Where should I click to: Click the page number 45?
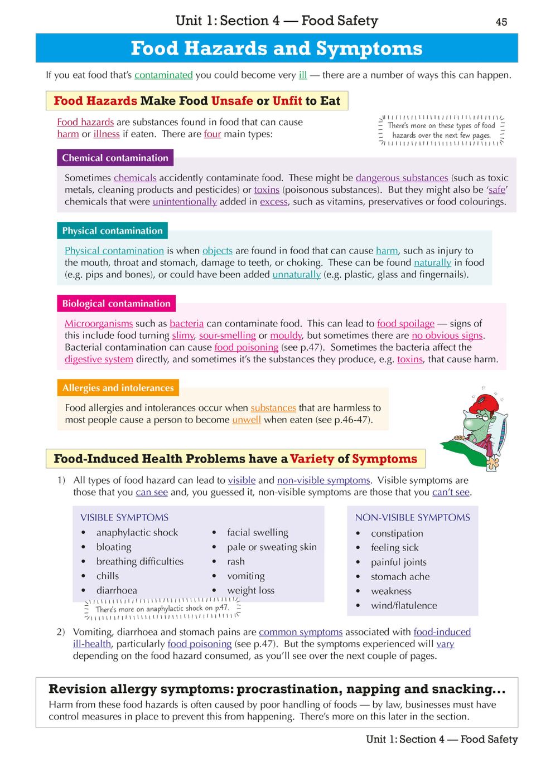pyautogui.click(x=501, y=22)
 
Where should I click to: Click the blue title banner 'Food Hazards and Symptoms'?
pyautogui.click(x=277, y=48)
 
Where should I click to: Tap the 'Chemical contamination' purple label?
pyautogui.click(x=115, y=158)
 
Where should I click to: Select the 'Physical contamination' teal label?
pyautogui.click(x=112, y=231)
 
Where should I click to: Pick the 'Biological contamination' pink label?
pyautogui.click(x=116, y=304)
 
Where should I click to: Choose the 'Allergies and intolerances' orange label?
pyautogui.click(x=118, y=388)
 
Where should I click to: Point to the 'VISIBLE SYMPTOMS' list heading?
pyautogui.click(x=124, y=517)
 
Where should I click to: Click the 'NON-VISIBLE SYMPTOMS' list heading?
pyautogui.click(x=412, y=517)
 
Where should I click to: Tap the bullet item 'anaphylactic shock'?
pyautogui.click(x=137, y=532)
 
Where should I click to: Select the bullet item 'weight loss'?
pyautogui.click(x=250, y=590)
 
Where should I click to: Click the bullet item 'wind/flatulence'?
pyautogui.click(x=404, y=605)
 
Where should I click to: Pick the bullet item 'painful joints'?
pyautogui.click(x=398, y=562)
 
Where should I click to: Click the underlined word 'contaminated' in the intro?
pyautogui.click(x=163, y=75)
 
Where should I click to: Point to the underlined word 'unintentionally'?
pyautogui.click(x=185, y=202)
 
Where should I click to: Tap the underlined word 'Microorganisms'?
pyautogui.click(x=99, y=323)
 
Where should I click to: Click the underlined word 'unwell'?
pyautogui.click(x=247, y=420)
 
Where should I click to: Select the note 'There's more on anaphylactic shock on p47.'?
pyautogui.click(x=162, y=609)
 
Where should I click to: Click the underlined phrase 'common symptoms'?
pyautogui.click(x=301, y=632)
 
